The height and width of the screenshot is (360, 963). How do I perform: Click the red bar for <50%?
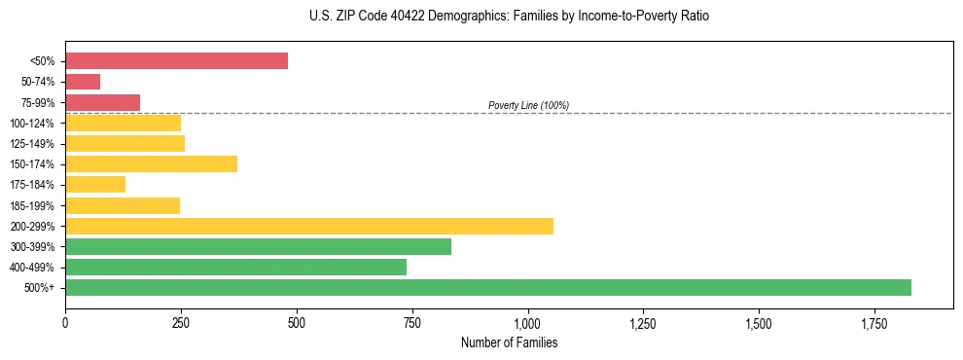[x=176, y=61]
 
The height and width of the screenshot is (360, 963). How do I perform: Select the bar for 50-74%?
[x=83, y=82]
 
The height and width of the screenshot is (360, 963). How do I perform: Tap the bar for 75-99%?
[x=102, y=102]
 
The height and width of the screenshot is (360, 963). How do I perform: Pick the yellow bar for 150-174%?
[x=151, y=163]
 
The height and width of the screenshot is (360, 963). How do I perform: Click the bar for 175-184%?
[x=95, y=184]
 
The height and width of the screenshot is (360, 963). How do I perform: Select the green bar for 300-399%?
[x=258, y=246]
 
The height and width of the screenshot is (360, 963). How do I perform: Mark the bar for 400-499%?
[x=235, y=267]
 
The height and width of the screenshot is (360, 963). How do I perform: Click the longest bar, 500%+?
[x=487, y=287]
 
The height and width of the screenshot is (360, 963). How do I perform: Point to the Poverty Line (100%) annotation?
[x=528, y=105]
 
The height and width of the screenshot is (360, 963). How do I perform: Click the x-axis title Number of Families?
[x=509, y=342]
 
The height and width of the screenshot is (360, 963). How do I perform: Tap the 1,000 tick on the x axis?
[x=527, y=322]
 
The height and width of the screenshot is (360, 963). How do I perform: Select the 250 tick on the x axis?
[x=181, y=322]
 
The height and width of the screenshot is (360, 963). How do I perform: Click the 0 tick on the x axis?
[x=65, y=322]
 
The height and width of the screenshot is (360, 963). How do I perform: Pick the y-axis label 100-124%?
[x=32, y=124]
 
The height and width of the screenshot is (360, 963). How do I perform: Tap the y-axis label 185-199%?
[x=32, y=205]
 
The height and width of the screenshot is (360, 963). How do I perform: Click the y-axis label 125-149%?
[x=32, y=144]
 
